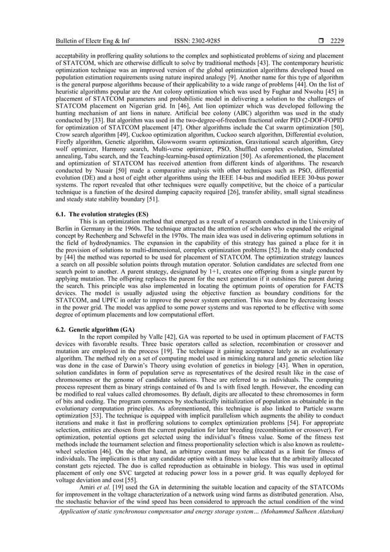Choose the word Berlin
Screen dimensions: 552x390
click(65, 229)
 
